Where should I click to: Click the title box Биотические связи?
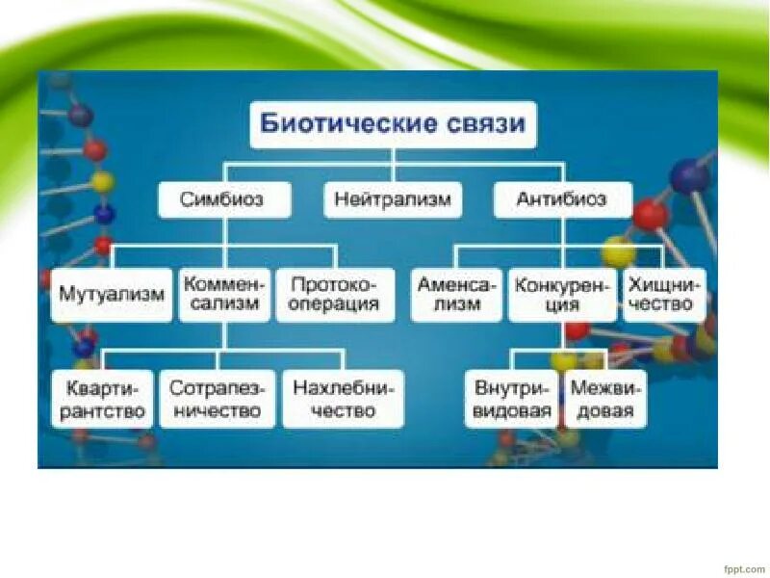coord(393,125)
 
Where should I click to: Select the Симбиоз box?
coord(223,200)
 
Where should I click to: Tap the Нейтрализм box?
coord(393,200)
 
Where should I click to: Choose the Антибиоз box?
coord(563,200)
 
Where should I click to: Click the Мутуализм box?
coord(113,295)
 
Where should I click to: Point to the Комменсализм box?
coord(222,295)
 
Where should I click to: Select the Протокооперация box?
coord(335,295)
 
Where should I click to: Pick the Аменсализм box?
coord(456,295)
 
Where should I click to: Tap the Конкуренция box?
coord(562,295)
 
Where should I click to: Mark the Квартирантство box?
coord(102,400)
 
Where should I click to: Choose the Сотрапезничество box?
coord(216,400)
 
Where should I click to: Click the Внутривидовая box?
coord(513,400)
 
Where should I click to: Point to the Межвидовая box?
coord(605,400)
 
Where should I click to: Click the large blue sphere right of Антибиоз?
coord(689,176)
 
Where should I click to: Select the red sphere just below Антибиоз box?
coord(651,214)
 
